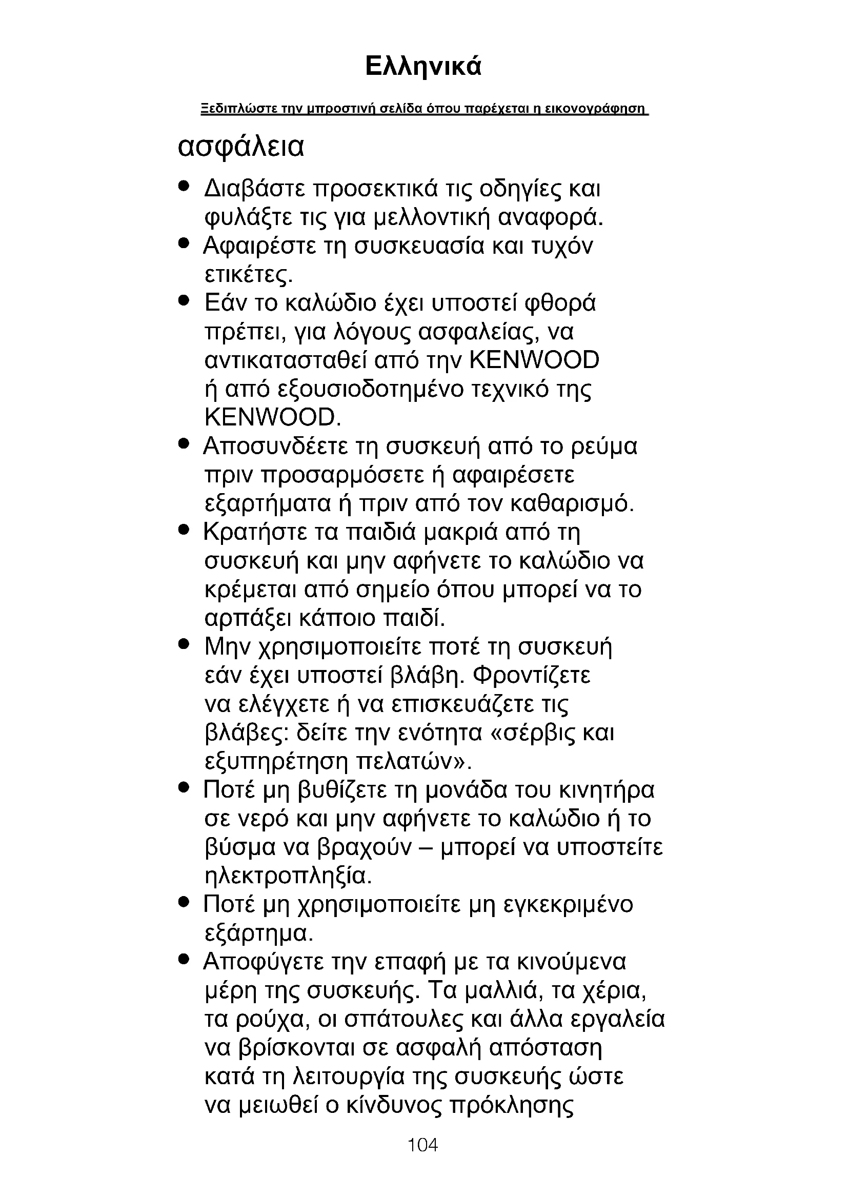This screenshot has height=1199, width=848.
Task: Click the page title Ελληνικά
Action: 423,67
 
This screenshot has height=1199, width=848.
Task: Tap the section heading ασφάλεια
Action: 241,148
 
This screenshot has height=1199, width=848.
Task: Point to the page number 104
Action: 422,1145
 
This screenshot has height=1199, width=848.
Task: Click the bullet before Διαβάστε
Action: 183,186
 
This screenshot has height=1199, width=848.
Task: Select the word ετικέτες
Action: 247,275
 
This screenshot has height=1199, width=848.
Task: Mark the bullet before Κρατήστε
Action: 183,531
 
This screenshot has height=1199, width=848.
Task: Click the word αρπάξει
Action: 245,619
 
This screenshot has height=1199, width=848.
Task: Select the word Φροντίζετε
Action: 532,676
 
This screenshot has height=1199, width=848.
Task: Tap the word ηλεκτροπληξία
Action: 288,877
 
